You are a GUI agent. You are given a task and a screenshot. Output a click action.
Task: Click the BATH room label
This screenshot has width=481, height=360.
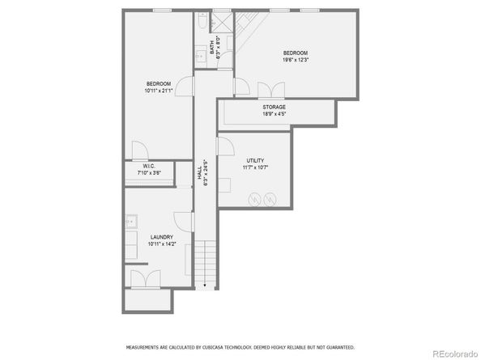coord(211,49)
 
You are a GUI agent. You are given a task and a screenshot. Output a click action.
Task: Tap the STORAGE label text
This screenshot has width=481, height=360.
coord(274,107)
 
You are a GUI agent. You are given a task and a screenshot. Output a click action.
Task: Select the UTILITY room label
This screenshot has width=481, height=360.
coord(255,161)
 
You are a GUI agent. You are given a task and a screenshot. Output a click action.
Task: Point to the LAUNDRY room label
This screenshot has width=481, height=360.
coord(160,237)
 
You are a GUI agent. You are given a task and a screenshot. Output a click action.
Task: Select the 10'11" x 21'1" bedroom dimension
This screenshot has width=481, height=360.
coord(159,91)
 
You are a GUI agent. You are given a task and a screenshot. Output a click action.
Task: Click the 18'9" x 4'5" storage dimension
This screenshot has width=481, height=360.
coord(274,114)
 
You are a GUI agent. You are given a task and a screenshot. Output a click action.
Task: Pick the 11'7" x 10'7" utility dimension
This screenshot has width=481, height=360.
coord(255,169)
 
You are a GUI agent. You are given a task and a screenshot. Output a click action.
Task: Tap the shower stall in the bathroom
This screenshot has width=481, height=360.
coord(222,21)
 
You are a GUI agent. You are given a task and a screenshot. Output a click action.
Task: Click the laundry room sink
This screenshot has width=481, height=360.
coord(130,221)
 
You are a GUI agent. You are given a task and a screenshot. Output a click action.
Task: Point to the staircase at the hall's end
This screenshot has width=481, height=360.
coord(206,263)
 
